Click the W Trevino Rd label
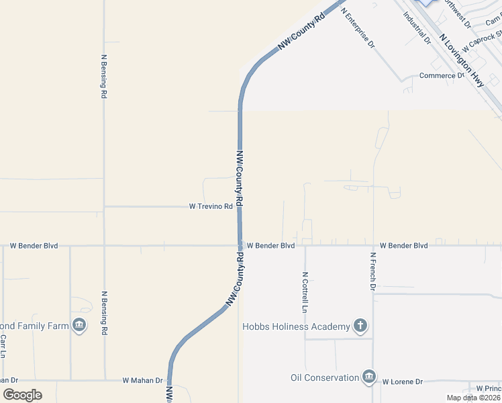[x=211, y=207]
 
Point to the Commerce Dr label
[x=442, y=76]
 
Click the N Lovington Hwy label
[x=462, y=60]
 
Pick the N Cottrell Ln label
[x=305, y=293]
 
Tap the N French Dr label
[x=372, y=272]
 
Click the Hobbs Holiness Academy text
[x=296, y=327]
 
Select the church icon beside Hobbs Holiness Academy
[x=360, y=326]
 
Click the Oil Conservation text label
[x=325, y=378]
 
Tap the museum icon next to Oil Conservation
[x=368, y=377]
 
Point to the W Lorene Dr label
[x=403, y=382]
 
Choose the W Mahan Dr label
[x=142, y=380]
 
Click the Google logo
[x=22, y=395]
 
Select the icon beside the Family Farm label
[x=79, y=326]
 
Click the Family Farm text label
[x=34, y=326]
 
